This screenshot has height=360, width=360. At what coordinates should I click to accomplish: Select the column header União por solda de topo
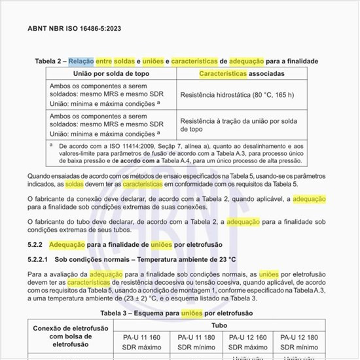click(x=113, y=73)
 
